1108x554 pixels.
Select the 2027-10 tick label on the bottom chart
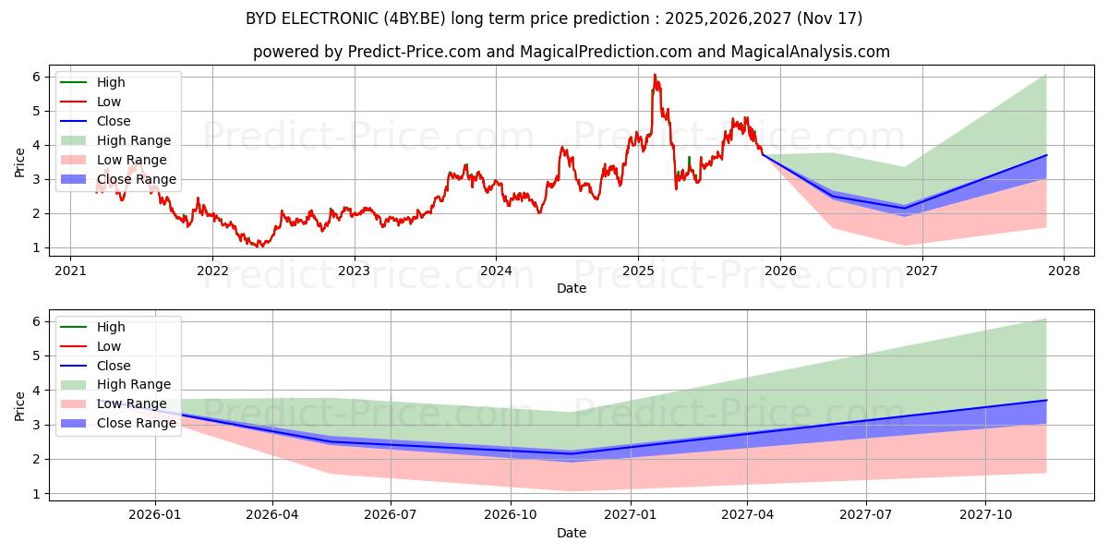(986, 515)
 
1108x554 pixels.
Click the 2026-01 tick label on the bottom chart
(155, 515)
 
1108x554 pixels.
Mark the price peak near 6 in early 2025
(655, 75)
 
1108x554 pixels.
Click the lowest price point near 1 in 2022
(259, 247)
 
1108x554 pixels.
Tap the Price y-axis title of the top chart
(20, 163)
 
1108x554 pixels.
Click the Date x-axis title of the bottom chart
(571, 533)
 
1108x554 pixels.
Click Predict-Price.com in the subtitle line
(414, 52)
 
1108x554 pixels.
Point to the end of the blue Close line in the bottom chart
(1046, 400)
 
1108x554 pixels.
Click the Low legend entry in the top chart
(109, 102)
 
